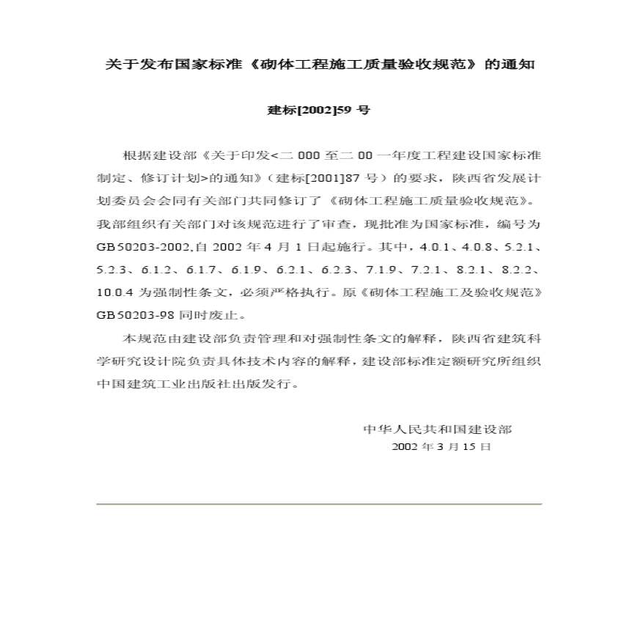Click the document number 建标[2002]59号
(319, 111)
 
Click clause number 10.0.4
(114, 293)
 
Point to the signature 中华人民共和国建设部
(438, 429)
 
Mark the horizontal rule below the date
(319, 504)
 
